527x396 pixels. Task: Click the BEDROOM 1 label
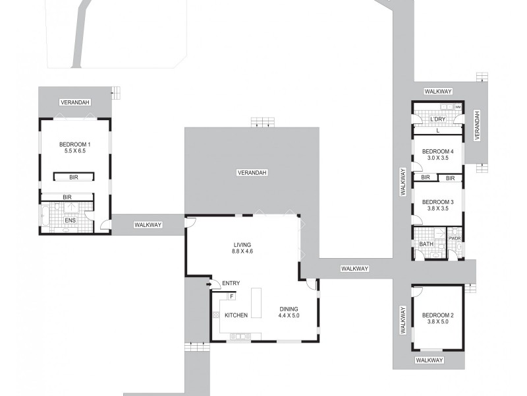point(74,145)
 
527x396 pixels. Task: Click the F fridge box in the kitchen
point(231,297)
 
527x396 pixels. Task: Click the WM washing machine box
point(457,108)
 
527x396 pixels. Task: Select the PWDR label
point(454,238)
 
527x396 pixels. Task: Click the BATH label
point(426,244)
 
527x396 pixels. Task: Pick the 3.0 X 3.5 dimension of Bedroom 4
point(437,158)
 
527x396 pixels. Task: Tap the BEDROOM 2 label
point(437,315)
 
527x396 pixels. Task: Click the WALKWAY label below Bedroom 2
point(429,360)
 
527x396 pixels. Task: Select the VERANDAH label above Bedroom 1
point(74,102)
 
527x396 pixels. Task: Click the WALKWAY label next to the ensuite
point(148,225)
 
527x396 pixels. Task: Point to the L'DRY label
point(438,119)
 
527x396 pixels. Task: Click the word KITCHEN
point(236,315)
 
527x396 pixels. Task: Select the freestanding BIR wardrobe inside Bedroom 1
point(74,177)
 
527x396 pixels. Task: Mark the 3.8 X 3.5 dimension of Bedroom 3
point(437,209)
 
